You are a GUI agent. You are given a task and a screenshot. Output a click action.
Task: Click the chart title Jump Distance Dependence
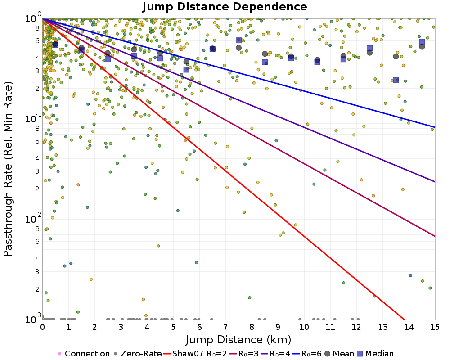225,7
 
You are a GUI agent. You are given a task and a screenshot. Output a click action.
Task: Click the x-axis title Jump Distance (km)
238,339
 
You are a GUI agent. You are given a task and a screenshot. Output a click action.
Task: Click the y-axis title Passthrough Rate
8,169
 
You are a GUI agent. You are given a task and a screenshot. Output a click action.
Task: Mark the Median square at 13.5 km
396,80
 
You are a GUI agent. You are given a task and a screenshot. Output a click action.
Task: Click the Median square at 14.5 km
422,42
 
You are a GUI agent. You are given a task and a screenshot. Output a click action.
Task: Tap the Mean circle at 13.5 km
396,56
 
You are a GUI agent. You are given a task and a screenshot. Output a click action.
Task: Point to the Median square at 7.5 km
238,40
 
